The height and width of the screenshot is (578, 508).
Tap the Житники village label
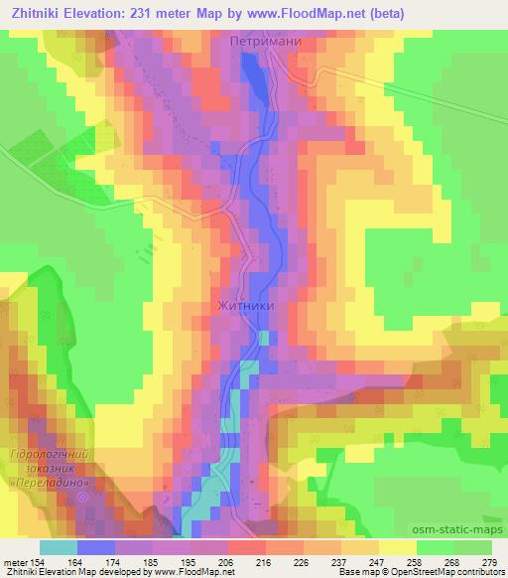[242, 308]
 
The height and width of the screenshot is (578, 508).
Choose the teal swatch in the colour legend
[58, 546]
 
